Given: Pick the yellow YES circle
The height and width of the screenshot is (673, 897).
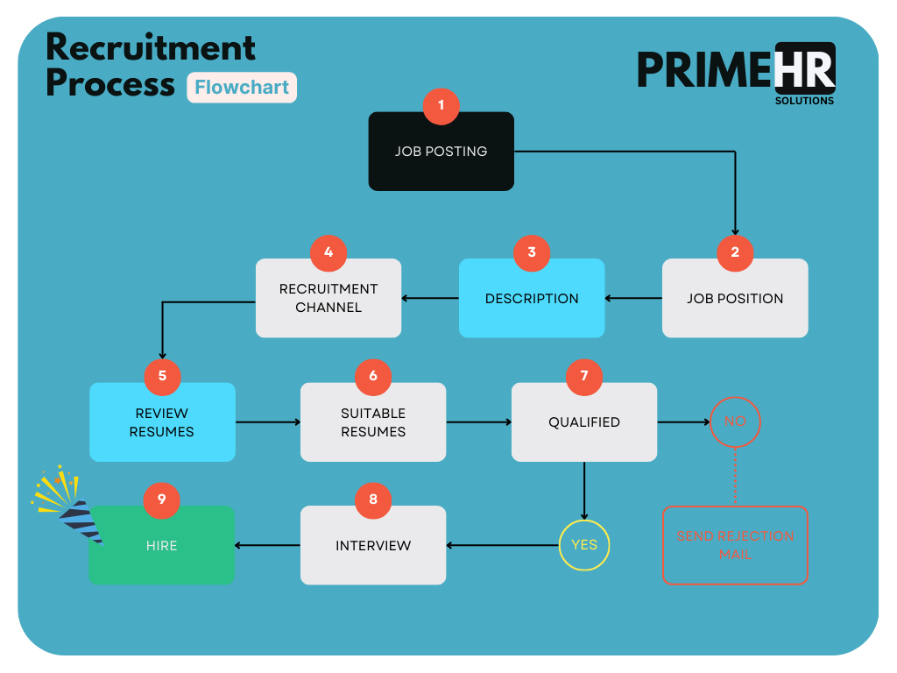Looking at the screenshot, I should coord(584,545).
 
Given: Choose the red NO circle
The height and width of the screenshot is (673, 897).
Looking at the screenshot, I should coord(735,422).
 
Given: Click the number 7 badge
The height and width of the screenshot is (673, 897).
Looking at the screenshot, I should coord(584,376).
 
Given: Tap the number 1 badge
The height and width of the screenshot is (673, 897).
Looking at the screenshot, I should coord(441,105).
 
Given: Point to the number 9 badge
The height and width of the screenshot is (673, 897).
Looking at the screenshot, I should coord(162,499).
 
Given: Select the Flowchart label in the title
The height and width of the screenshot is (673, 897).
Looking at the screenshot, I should coord(242,88).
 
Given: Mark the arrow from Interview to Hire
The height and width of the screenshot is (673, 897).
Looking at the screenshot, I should coord(267,546).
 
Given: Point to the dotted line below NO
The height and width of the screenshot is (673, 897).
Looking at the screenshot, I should coord(735,477).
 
